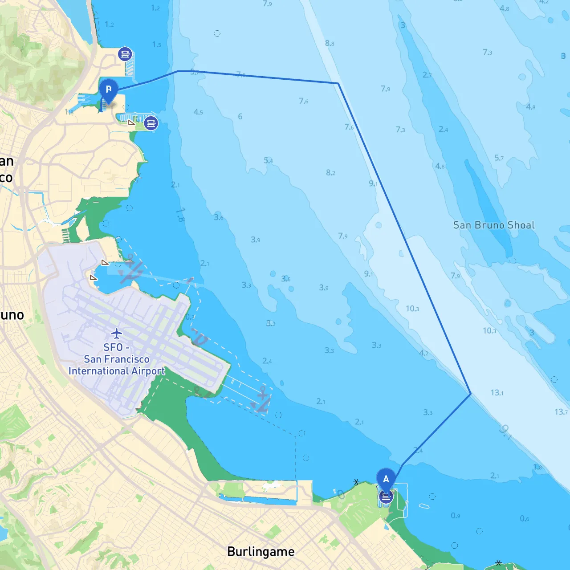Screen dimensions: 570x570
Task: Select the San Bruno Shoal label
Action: [494, 225]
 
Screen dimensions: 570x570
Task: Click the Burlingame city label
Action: [261, 552]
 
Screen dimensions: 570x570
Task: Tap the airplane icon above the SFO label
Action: [117, 333]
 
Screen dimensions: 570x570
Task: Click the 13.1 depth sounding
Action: [497, 393]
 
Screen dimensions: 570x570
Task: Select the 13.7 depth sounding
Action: [561, 412]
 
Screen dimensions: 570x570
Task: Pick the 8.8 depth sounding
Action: [330, 43]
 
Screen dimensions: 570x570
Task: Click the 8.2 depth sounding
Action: [330, 173]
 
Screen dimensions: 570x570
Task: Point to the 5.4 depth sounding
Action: [268, 160]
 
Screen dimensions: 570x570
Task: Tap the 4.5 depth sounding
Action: [198, 112]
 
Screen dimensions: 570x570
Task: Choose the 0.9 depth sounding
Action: [455, 516]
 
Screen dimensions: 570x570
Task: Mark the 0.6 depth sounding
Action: [525, 518]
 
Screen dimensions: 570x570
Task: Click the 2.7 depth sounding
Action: [427, 75]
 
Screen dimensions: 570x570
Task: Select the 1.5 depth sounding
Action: [157, 45]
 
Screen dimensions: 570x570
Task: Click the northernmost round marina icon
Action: [125, 54]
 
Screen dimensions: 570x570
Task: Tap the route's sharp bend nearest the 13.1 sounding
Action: [471, 394]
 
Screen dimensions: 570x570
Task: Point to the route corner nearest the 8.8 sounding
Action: [338, 83]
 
